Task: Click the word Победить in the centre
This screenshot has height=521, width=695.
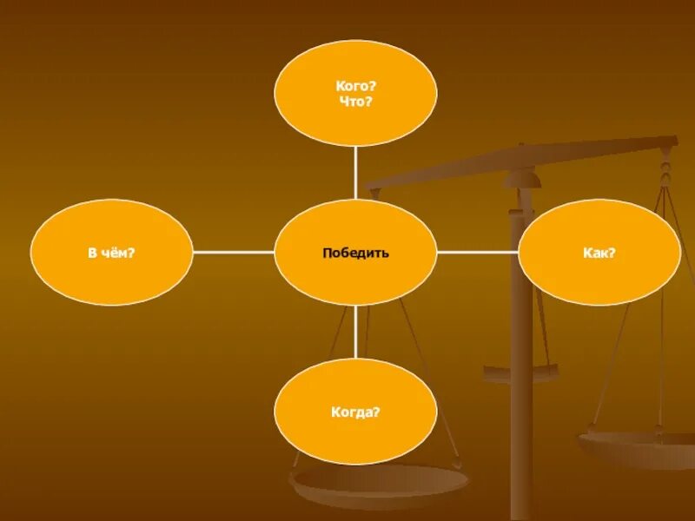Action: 355,253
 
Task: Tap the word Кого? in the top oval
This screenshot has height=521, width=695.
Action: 355,86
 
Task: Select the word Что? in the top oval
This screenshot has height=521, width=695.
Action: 355,102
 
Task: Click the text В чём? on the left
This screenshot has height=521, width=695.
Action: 111,253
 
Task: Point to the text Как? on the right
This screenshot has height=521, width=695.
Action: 599,253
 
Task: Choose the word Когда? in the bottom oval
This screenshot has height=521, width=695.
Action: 355,412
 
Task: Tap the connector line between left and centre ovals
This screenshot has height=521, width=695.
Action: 233,253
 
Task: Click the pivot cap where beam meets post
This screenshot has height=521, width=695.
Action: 521,179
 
